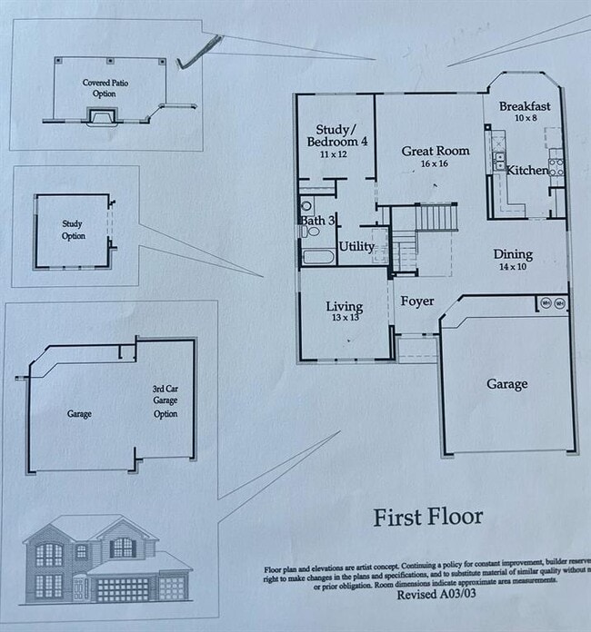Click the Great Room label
[x=436, y=151]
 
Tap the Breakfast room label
[x=525, y=106]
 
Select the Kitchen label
[x=527, y=171]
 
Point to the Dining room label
[x=513, y=254]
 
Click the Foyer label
[x=417, y=301]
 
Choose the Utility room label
[x=356, y=246]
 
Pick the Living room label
[x=345, y=307]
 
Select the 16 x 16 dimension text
[x=435, y=164]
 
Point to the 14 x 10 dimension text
[x=512, y=267]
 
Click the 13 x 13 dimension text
[x=345, y=319]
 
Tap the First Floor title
[x=428, y=518]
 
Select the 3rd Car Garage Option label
[x=165, y=401]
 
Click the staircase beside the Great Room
[x=435, y=217]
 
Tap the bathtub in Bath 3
[x=319, y=256]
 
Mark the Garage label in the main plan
[x=506, y=384]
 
